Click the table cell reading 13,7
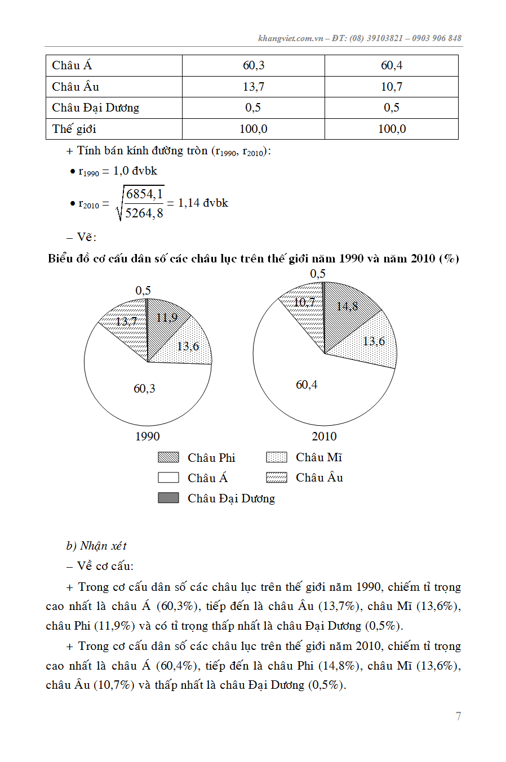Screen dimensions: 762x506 coord(254,87)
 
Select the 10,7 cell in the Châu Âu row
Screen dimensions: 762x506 coord(392,87)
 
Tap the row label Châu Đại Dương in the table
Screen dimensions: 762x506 coord(95,108)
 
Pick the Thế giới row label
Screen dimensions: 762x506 coord(74,129)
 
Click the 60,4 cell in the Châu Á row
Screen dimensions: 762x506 coord(392,65)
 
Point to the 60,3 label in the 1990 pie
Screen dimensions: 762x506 coord(144,389)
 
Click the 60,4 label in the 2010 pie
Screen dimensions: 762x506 coord(307,385)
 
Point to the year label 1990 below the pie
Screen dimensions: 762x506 coord(147,436)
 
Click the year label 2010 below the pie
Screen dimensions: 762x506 coord(324,436)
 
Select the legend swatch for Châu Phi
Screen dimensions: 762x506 coord(168,457)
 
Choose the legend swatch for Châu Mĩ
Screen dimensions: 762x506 coord(276,457)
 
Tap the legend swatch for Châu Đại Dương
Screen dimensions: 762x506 coord(168,498)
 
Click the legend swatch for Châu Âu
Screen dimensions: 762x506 coord(276,478)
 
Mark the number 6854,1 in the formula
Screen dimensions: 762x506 coord(144,194)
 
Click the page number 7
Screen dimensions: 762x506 coord(458,716)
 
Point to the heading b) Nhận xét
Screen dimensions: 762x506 coord(96,546)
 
